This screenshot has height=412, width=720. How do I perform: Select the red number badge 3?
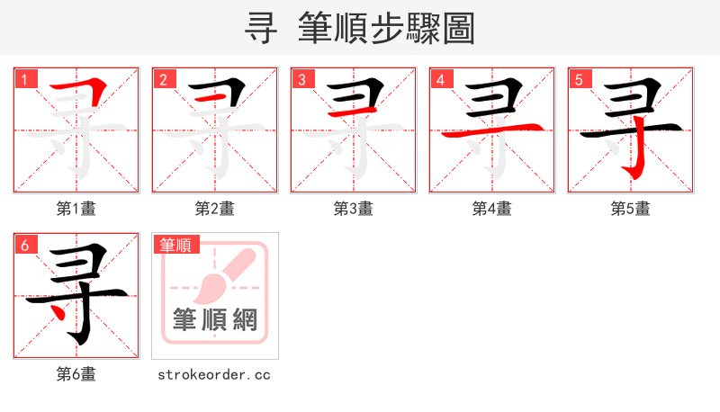[x=302, y=79]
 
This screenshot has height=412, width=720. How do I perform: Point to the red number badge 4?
[x=441, y=79]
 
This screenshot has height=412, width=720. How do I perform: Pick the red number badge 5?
[x=580, y=79]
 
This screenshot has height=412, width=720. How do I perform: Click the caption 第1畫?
[x=76, y=209]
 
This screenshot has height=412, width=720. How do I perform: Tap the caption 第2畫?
[x=215, y=209]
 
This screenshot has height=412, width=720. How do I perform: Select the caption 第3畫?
[x=354, y=209]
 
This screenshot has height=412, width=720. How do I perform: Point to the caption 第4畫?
[x=492, y=209]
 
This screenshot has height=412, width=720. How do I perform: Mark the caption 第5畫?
[x=631, y=209]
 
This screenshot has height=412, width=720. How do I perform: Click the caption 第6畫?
[x=76, y=374]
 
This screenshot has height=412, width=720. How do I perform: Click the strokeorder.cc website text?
[x=214, y=374]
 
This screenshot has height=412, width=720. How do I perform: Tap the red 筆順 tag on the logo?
[x=176, y=245]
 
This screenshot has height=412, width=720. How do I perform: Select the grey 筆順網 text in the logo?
[x=215, y=319]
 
